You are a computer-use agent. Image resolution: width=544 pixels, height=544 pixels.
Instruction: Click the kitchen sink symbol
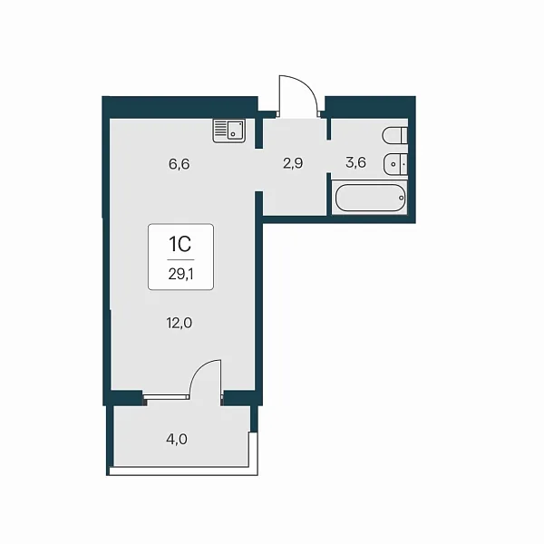pyautogui.click(x=229, y=130)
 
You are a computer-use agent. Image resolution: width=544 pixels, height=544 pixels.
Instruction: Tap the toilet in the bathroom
pyautogui.click(x=394, y=136)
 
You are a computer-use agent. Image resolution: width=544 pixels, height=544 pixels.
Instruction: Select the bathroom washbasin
pyautogui.click(x=395, y=164)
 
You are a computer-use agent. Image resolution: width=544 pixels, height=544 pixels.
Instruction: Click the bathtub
pyautogui.click(x=370, y=198)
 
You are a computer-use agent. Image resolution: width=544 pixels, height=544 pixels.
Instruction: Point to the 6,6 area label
pyautogui.click(x=179, y=164)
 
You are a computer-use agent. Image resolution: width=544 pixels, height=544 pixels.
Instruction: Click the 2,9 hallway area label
pyautogui.click(x=293, y=162)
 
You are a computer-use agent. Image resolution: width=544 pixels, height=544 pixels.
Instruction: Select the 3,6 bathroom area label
pyautogui.click(x=355, y=162)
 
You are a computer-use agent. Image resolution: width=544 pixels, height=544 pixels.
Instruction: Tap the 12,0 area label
pyautogui.click(x=179, y=323)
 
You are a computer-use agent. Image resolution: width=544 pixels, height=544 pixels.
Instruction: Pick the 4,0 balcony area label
pyautogui.click(x=177, y=439)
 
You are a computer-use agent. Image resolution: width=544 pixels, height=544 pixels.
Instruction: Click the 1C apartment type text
pyautogui.click(x=180, y=244)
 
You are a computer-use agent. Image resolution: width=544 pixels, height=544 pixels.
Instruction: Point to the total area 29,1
pyautogui.click(x=180, y=275)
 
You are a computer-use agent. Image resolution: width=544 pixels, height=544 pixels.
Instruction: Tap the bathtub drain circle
pyautogui.click(x=402, y=198)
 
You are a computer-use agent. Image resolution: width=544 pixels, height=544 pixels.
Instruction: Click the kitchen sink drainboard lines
pyautogui.click(x=219, y=129)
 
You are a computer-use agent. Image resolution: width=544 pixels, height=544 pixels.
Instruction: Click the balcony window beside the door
pyautogui.click(x=166, y=395)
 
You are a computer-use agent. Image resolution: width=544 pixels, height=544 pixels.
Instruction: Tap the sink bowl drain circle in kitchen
pyautogui.click(x=233, y=133)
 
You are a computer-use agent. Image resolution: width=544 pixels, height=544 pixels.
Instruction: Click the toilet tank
pyautogui.click(x=403, y=136)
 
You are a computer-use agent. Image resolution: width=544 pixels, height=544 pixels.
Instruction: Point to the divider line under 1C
pyautogui.click(x=180, y=259)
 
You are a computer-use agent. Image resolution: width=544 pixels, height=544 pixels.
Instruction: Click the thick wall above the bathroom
pyautogui.click(x=370, y=107)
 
